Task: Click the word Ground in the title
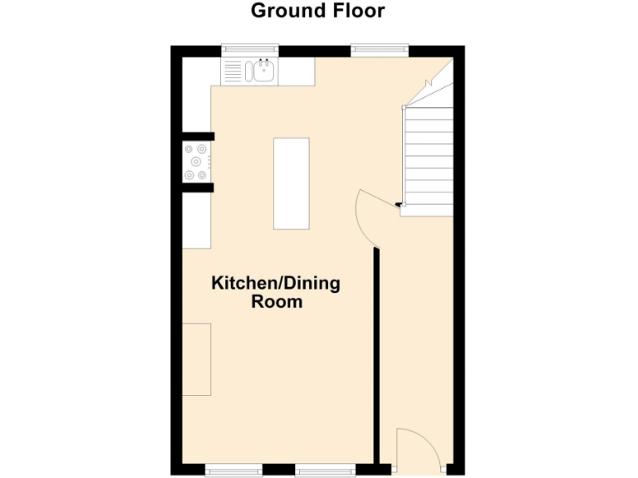click(284, 11)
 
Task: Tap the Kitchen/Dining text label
click(276, 284)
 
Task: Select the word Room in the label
click(277, 302)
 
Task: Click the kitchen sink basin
click(264, 71)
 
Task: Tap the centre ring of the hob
click(197, 162)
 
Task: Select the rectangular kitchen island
click(292, 183)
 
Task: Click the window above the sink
click(250, 51)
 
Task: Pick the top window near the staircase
click(380, 51)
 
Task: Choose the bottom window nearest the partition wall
click(325, 471)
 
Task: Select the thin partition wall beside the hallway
click(376, 357)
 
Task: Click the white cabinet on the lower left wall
click(197, 360)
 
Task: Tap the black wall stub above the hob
click(199, 136)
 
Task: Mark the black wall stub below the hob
click(199, 188)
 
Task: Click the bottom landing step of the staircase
click(427, 210)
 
